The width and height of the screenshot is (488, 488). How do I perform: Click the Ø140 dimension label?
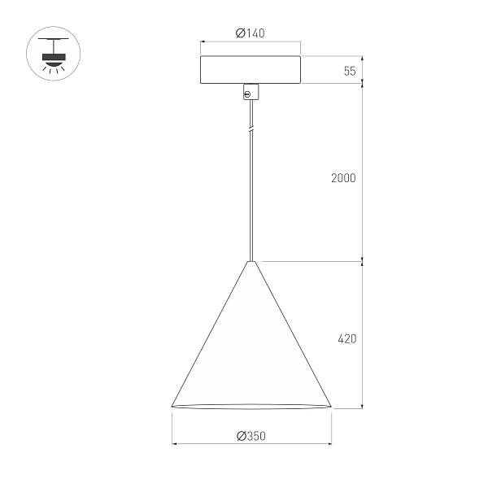point(251,33)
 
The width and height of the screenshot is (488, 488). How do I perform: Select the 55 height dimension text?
point(350,70)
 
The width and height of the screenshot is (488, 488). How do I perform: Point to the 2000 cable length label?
point(343,178)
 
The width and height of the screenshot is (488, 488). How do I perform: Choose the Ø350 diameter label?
point(251,436)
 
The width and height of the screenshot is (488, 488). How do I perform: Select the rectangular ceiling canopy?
point(251,69)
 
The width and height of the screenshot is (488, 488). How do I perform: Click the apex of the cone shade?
point(251,262)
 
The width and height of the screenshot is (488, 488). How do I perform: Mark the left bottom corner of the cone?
point(172,405)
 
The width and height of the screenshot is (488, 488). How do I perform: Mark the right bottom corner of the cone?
point(331,405)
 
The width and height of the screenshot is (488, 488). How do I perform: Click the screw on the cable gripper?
point(247,94)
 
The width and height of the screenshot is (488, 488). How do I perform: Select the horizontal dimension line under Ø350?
point(251,445)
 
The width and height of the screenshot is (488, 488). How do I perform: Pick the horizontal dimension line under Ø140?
point(251,42)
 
